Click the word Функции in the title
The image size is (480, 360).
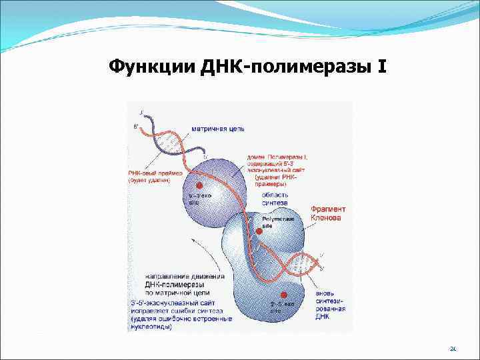pos(141,67)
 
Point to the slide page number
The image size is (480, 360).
pos(453,348)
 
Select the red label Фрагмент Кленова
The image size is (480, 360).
pos(328,213)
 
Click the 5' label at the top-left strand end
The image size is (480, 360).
pos(137,125)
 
